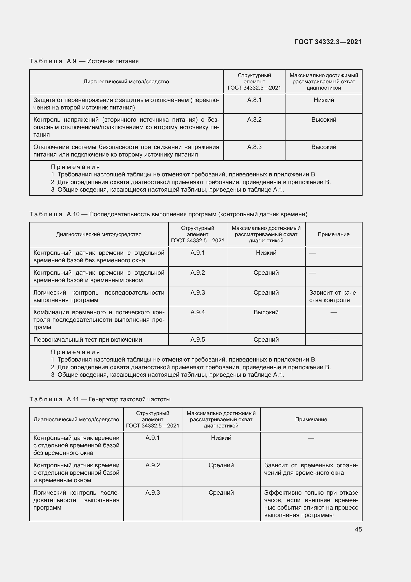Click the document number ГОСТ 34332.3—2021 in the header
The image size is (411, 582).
[328, 42]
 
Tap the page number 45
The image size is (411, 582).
[358, 529]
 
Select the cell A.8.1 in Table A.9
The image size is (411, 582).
[254, 100]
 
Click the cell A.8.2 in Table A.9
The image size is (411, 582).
[254, 120]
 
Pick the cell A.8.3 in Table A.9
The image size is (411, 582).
[254, 147]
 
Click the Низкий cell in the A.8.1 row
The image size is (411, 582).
[324, 100]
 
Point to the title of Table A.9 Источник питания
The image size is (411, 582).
[84, 61]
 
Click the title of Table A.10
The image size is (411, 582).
[168, 214]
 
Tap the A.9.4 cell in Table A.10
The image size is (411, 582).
[197, 312]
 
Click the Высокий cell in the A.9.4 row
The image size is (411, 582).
[266, 312]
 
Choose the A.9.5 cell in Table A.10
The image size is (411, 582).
[197, 340]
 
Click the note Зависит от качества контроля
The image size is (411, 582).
[333, 296]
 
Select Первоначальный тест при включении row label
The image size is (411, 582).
[87, 340]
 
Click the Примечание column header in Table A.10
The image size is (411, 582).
[333, 234]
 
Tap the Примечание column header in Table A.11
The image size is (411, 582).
[311, 420]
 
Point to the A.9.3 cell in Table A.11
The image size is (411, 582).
[152, 492]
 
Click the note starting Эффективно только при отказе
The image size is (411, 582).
[311, 504]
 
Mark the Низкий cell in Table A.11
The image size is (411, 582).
[221, 438]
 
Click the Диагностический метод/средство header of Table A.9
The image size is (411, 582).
[126, 82]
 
